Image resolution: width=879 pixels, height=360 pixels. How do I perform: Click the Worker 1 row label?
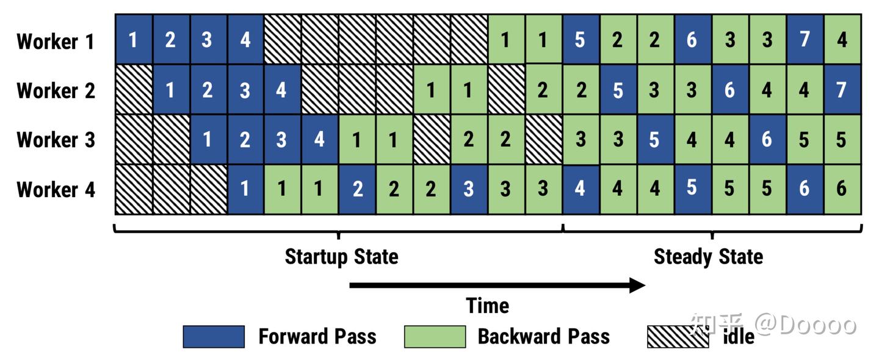56,41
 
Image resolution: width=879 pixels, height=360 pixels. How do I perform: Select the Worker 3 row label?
56,140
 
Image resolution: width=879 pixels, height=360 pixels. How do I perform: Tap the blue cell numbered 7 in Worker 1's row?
805,39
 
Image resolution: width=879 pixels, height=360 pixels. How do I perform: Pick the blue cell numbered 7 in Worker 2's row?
842,90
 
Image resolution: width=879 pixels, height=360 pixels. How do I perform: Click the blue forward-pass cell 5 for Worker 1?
581,39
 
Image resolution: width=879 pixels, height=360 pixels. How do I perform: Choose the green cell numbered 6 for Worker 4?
842,189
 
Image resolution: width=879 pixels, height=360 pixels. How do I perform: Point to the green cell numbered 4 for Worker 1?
842,39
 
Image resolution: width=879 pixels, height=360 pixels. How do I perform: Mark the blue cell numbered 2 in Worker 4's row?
356,189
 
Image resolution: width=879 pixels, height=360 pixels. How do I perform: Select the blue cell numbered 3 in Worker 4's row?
469,189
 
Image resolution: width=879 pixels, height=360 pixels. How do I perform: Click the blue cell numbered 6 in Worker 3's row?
767,139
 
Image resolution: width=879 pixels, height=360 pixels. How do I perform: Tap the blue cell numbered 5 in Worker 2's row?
618,90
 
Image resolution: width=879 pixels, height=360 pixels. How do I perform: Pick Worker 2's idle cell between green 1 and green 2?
506,90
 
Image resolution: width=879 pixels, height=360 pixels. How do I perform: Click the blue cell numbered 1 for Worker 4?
245,189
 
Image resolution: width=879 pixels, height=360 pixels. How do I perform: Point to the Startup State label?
341,257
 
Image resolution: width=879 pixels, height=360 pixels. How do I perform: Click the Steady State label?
708,257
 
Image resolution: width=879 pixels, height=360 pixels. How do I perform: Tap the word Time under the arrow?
487,306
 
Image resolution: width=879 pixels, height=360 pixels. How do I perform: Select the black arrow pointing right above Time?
497,285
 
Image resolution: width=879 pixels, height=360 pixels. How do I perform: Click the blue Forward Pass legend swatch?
214,337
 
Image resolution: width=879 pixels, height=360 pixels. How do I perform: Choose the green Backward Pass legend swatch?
435,337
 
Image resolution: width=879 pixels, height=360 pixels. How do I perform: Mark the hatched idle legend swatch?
678,337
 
